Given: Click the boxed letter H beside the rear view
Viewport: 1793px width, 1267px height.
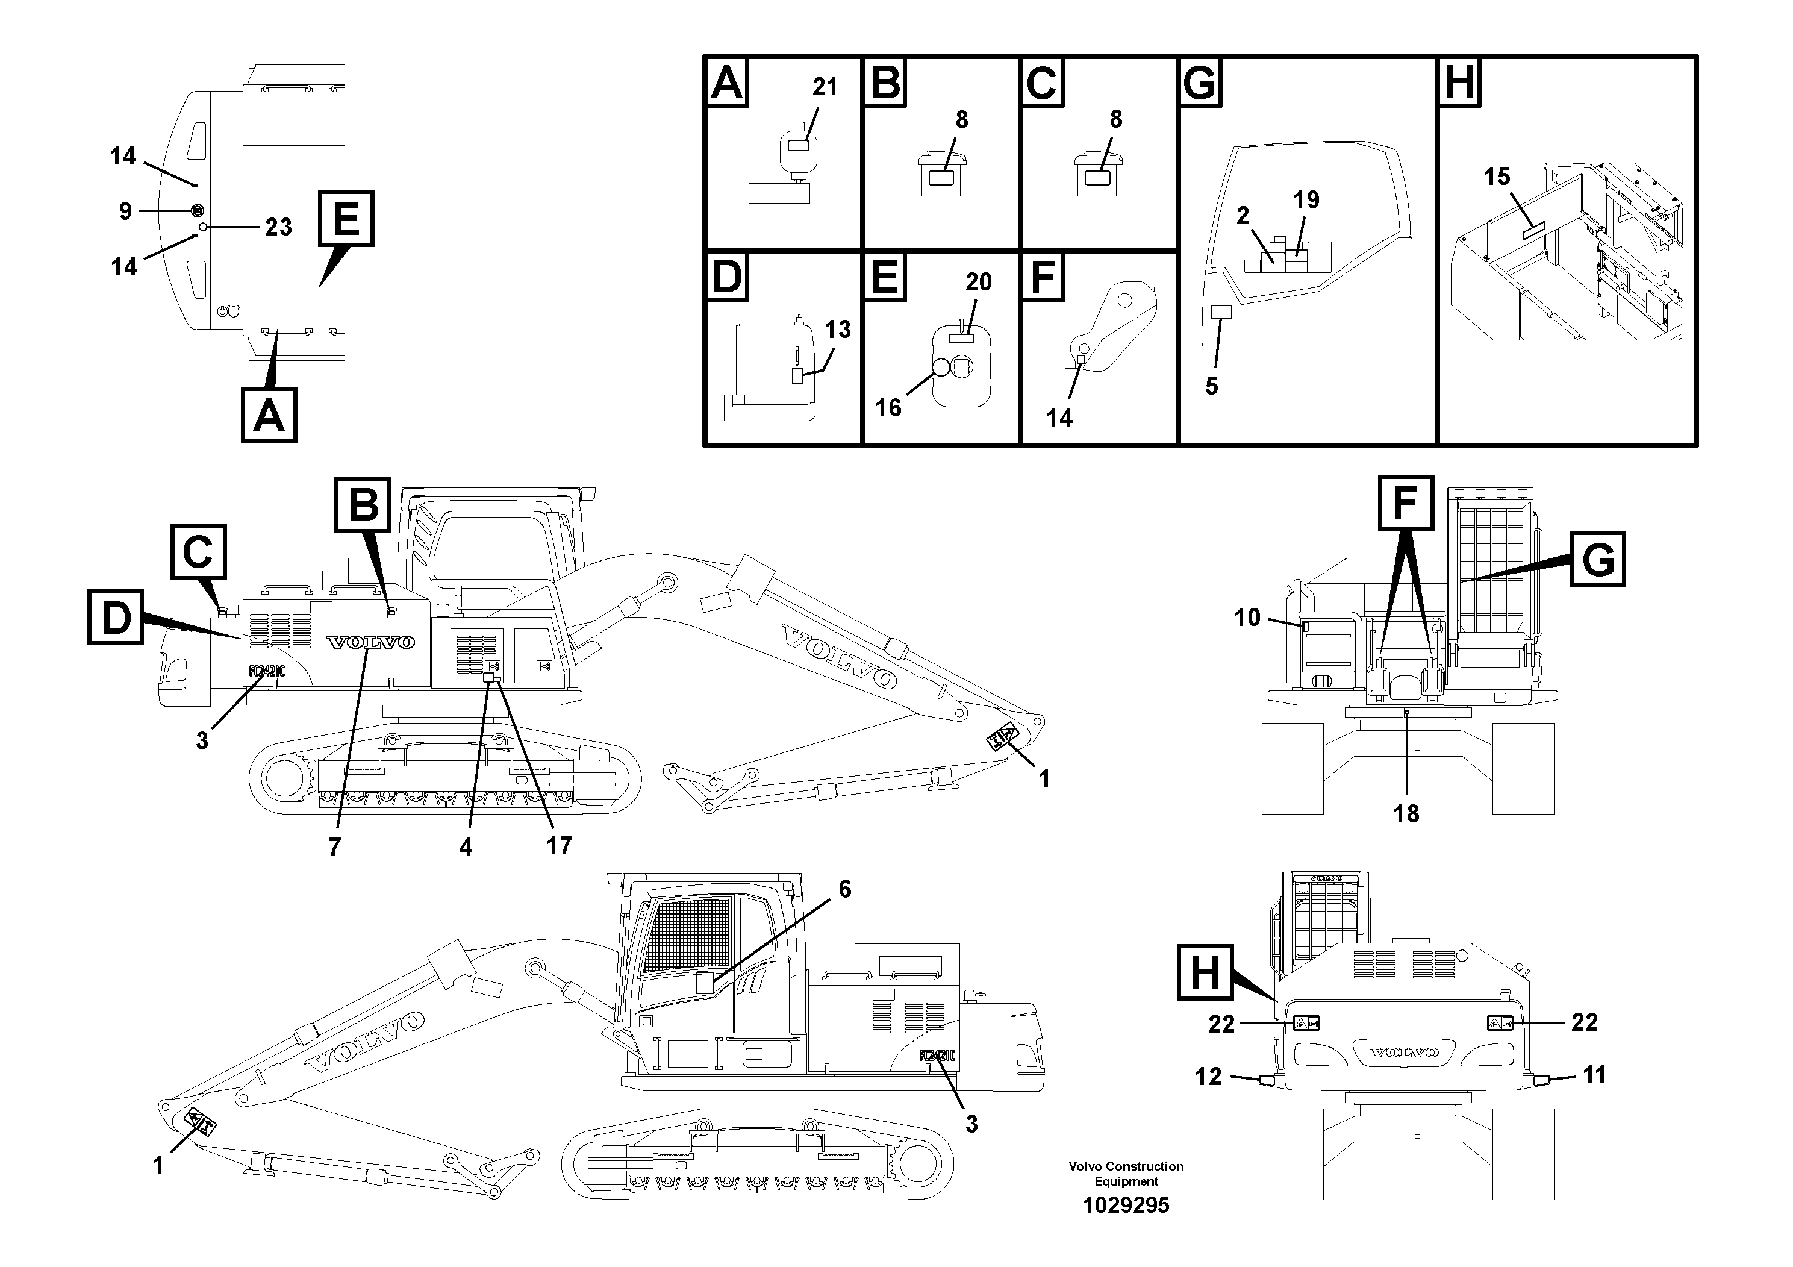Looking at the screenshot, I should click(1204, 972).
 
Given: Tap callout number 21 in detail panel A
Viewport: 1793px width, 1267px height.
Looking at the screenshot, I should click(825, 87).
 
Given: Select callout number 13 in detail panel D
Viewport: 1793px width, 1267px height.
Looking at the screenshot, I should click(837, 330).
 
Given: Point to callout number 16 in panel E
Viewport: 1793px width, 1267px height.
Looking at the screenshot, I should click(888, 407).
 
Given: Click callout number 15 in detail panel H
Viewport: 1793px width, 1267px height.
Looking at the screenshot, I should click(1497, 177).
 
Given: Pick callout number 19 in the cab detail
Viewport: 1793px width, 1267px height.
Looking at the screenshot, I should click(1306, 200).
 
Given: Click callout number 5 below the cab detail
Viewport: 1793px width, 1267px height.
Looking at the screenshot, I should click(1211, 386).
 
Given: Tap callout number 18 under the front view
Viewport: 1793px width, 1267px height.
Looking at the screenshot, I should click(1406, 814).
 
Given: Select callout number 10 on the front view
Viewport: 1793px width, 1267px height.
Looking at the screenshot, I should click(1247, 618).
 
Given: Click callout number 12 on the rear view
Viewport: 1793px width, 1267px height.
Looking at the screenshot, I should click(1208, 1077).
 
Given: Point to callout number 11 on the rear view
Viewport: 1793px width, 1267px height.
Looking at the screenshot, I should click(1594, 1075).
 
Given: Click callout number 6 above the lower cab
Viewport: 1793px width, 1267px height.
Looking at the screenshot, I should click(844, 889).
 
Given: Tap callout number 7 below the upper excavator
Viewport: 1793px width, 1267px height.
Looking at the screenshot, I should click(334, 846).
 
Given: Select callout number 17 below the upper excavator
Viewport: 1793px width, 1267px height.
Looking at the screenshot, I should click(559, 845).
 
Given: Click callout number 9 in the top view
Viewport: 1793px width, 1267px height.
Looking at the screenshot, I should click(126, 211).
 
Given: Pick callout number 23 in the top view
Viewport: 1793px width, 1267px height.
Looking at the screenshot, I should click(278, 227).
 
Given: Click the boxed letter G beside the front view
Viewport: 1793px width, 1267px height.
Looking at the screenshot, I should click(1598, 559).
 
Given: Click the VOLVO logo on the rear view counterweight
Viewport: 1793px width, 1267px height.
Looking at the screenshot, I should click(1404, 1052).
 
